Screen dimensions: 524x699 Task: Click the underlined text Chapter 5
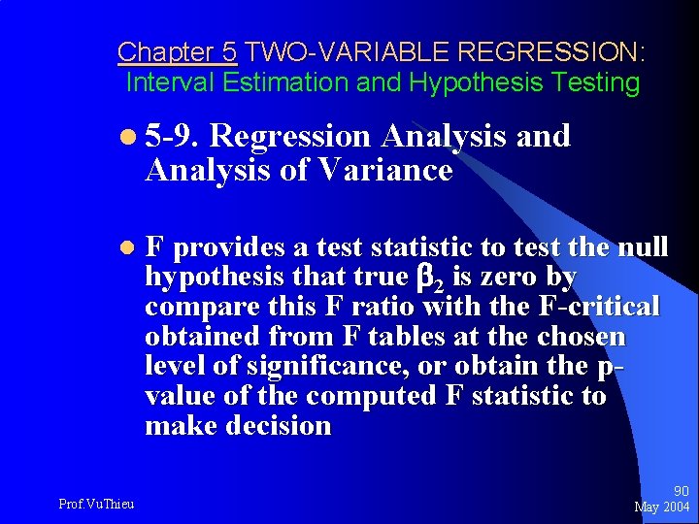click(x=177, y=51)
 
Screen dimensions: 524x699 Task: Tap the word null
click(x=642, y=247)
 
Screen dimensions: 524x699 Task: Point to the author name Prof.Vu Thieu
click(x=96, y=503)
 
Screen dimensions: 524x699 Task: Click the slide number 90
click(x=680, y=492)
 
